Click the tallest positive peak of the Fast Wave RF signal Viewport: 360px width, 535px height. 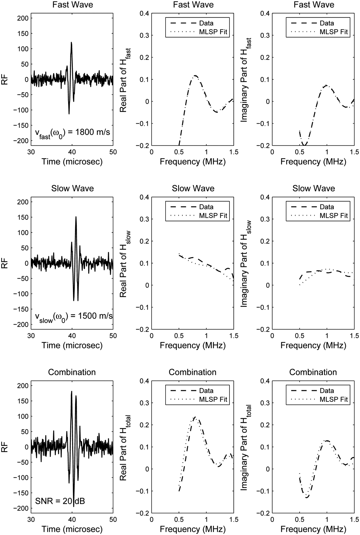[71, 43]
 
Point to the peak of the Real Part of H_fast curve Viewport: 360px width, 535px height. [195, 76]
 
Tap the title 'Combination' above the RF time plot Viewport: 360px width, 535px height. [72, 372]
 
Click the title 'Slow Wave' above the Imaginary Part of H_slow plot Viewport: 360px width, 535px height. [313, 188]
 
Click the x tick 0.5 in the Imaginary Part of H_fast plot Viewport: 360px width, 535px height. [299, 152]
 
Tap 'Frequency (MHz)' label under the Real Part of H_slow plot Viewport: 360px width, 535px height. [193, 345]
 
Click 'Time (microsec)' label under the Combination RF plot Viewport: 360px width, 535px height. [72, 529]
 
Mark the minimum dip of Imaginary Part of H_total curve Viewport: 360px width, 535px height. [307, 497]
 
